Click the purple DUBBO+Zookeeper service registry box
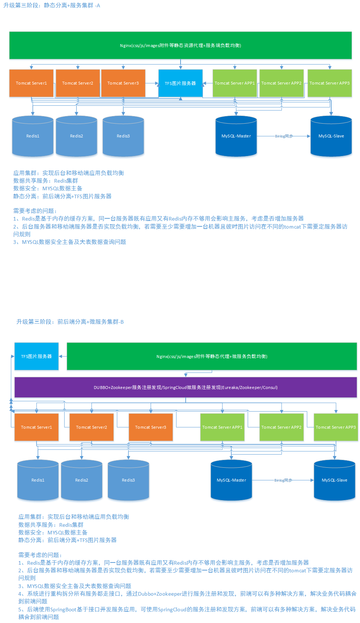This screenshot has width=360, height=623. point(185,387)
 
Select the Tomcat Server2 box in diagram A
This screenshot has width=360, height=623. point(78,83)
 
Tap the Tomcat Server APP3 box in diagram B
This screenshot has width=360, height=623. point(336,427)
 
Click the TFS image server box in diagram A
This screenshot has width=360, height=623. point(180,83)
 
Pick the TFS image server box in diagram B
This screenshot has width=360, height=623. point(36,356)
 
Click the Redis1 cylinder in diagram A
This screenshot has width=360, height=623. point(33,136)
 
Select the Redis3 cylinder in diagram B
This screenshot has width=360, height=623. point(128,480)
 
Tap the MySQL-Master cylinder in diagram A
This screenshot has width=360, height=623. point(236,136)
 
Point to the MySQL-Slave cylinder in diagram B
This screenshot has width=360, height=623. point(334,480)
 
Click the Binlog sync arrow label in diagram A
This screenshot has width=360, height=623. point(284,136)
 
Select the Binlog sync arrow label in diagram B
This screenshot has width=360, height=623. point(283,480)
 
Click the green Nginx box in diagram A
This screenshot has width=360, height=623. point(180,45)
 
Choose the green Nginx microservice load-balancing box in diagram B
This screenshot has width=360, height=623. point(212,356)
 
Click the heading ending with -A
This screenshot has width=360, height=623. point(51,5)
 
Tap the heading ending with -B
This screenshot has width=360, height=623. point(70,322)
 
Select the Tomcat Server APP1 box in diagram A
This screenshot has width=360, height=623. point(235,83)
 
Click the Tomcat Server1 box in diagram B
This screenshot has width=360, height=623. point(36,427)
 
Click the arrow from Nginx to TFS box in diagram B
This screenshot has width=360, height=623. point(63,356)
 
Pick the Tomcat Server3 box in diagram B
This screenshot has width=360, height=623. point(151,427)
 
